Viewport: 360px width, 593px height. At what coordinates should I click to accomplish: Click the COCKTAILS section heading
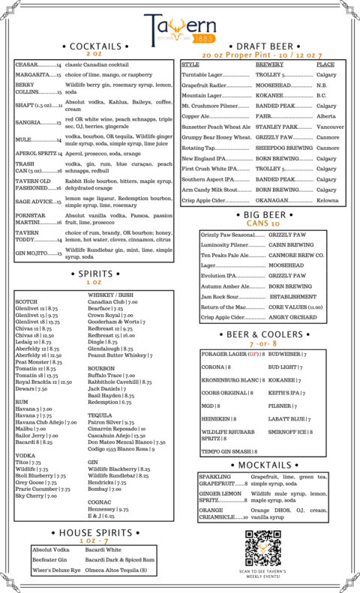point(94,46)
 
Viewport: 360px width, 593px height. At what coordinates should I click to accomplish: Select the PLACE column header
point(325,64)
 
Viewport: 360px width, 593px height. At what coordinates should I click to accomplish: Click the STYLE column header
point(190,64)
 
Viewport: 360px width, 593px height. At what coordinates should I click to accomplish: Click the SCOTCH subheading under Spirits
point(25,301)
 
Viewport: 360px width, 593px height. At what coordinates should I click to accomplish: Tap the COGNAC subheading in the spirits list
point(100,501)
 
